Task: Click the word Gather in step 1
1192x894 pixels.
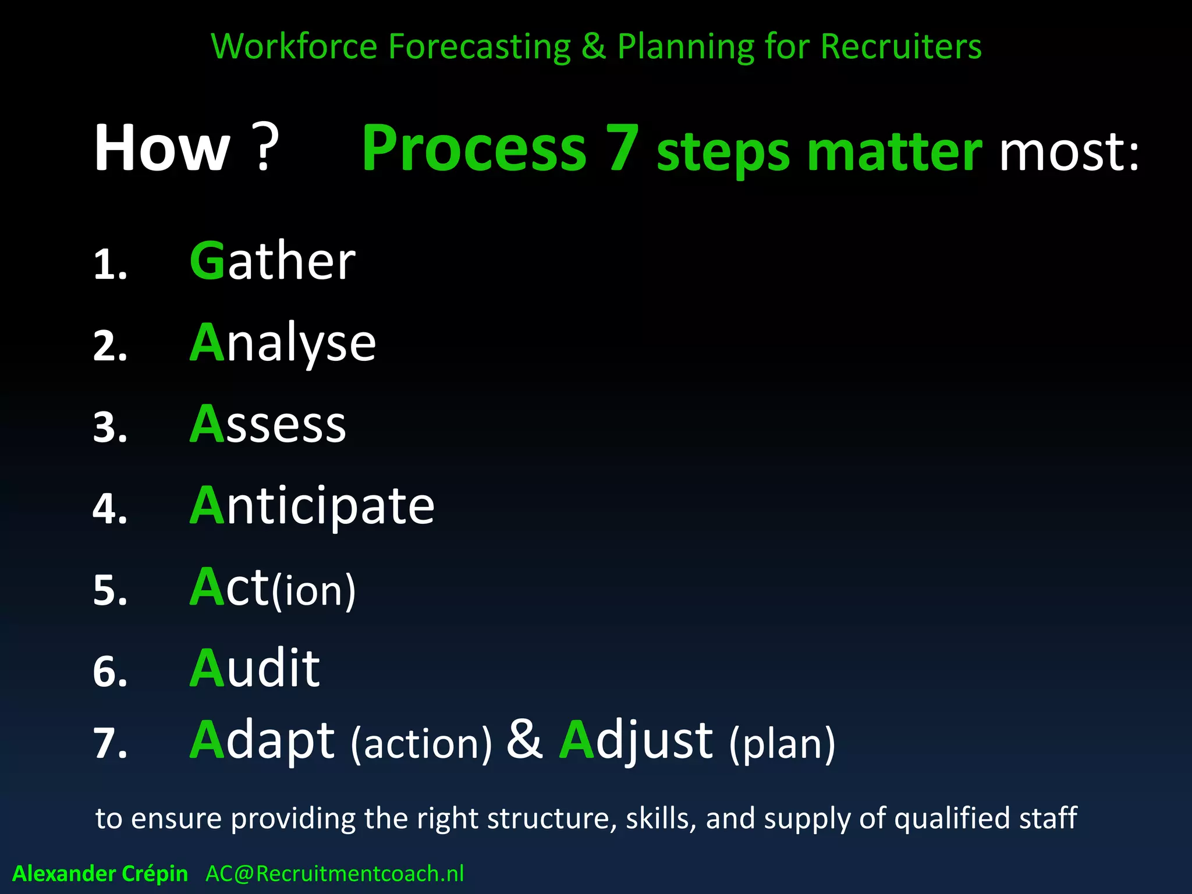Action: (272, 261)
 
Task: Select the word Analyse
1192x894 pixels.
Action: (283, 343)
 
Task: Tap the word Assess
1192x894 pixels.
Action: (268, 424)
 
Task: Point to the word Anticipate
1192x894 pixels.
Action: (312, 506)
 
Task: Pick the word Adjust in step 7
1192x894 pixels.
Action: (636, 740)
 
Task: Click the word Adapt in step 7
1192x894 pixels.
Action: (262, 740)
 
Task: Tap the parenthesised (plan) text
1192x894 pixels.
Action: (782, 744)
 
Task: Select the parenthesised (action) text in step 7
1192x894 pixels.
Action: (421, 744)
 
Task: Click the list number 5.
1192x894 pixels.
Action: (109, 590)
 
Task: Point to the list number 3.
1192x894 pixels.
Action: (109, 427)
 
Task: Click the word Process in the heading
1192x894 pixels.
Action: (474, 149)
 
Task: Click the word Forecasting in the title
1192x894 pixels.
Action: (479, 47)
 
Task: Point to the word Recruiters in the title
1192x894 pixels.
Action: (901, 47)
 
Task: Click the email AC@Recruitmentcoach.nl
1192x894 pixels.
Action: (335, 874)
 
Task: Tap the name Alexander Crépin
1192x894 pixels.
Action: (100, 874)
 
